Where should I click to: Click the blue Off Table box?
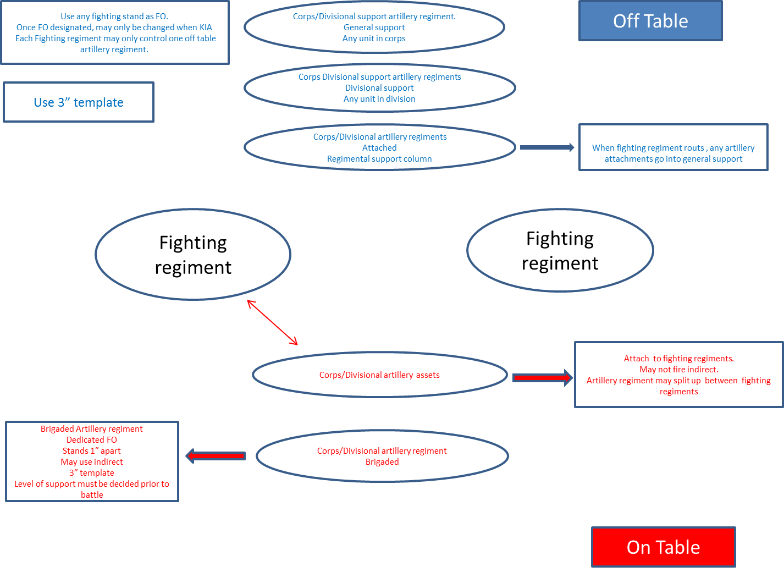tap(650, 21)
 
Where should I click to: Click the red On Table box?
tap(663, 547)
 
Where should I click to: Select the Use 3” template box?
tap(79, 102)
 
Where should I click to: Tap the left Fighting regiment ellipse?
tap(193, 255)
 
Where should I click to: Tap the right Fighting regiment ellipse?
tap(560, 251)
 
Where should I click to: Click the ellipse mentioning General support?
tap(374, 28)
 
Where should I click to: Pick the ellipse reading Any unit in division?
tap(379, 88)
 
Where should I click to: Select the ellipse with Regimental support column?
tap(379, 147)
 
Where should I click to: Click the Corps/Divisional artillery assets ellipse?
tap(379, 375)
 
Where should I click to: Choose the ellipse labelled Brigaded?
tap(382, 457)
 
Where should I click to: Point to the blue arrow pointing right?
tap(546, 147)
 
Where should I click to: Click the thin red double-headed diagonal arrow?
tap(273, 323)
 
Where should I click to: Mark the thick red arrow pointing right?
tap(542, 377)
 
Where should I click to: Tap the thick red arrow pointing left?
tap(216, 456)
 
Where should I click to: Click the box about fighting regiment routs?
tap(673, 147)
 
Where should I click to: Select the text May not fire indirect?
tap(678, 370)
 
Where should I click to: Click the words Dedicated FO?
tap(92, 440)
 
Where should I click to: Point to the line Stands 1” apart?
tap(92, 451)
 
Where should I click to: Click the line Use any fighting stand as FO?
tap(114, 16)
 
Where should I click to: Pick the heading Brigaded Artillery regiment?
tap(92, 429)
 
